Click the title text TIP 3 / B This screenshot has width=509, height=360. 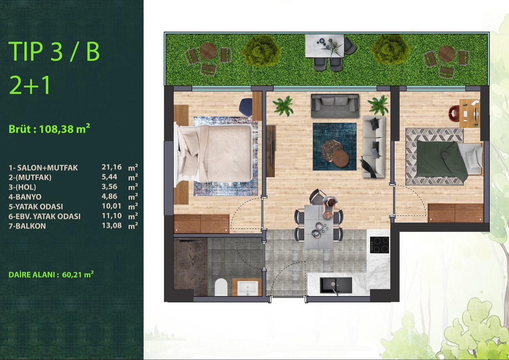click(x=54, y=51)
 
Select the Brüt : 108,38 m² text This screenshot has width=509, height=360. click(x=49, y=129)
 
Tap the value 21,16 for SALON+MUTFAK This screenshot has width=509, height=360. click(x=112, y=167)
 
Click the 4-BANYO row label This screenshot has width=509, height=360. click(x=25, y=197)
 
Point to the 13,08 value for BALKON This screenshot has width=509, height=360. click(x=112, y=226)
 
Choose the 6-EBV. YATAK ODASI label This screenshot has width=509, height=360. click(x=45, y=216)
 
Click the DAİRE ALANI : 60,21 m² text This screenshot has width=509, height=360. click(x=51, y=275)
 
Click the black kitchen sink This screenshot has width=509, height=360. click(x=336, y=285)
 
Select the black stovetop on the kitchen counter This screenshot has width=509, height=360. click(x=380, y=245)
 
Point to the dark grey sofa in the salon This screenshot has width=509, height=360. click(x=335, y=106)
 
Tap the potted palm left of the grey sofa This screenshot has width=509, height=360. click(x=283, y=106)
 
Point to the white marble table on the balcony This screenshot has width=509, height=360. click(x=324, y=46)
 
